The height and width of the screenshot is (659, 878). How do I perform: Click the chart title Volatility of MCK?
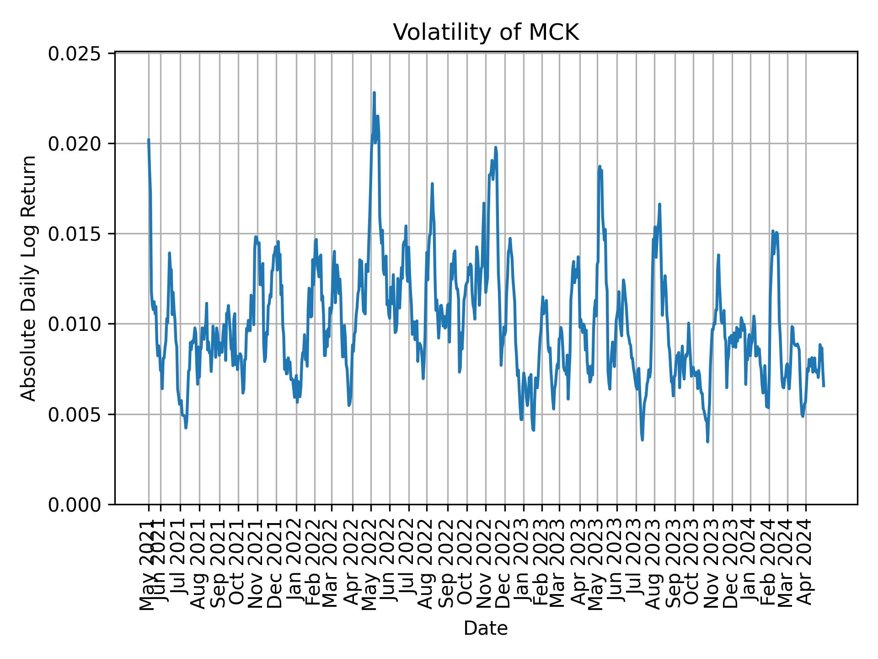click(486, 32)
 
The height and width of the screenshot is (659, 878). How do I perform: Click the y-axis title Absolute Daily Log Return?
click(29, 278)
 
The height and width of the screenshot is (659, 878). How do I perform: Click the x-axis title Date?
click(486, 628)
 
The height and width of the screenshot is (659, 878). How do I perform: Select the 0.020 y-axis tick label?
click(75, 144)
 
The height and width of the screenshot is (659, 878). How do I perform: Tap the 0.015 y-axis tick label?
click(75, 234)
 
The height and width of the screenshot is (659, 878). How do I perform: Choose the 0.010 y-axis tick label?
click(75, 324)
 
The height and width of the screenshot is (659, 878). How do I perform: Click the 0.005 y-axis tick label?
click(75, 415)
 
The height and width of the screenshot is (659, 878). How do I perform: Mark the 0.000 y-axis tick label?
click(75, 505)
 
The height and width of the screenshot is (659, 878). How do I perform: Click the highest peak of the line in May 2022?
click(374, 93)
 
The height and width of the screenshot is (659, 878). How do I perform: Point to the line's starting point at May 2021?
click(149, 140)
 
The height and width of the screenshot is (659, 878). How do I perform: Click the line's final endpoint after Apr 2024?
click(824, 386)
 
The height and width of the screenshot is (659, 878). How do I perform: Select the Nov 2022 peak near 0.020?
click(496, 148)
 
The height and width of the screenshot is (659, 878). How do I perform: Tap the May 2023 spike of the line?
click(600, 167)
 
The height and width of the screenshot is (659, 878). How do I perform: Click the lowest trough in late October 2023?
click(707, 441)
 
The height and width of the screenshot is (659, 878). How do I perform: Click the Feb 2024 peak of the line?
click(773, 231)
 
